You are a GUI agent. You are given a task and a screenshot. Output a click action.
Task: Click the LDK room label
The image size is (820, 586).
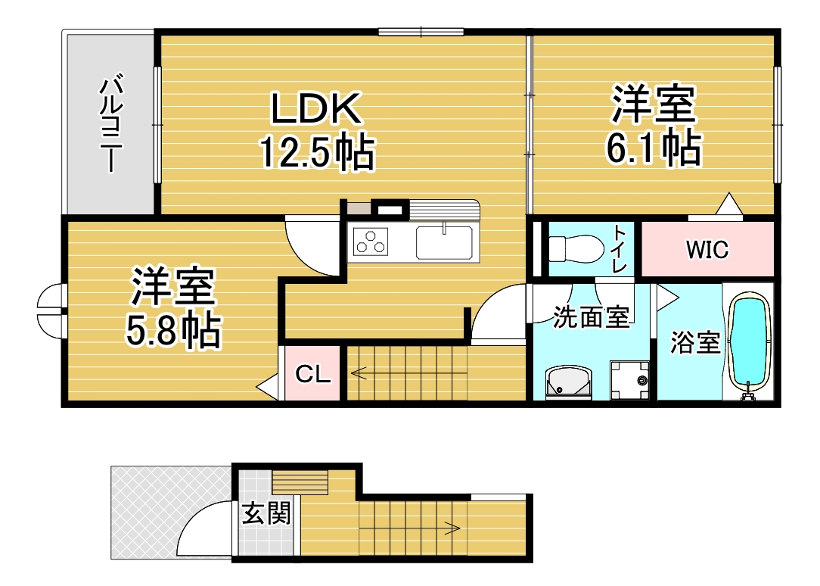point(316,108)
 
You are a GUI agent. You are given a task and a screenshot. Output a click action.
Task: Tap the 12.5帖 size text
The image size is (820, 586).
point(318,152)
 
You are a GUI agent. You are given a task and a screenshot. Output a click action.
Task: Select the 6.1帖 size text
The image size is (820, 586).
point(653,148)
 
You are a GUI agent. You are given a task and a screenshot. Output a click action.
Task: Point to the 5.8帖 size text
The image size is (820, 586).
point(173,331)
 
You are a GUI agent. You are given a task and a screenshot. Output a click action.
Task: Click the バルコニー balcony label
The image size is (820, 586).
point(111,123)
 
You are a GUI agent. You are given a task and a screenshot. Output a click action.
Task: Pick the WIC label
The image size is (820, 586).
point(707,250)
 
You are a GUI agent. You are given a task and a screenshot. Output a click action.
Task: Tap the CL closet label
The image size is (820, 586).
point(312,374)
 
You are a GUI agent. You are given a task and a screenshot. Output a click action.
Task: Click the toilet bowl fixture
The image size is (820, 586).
point(576,248)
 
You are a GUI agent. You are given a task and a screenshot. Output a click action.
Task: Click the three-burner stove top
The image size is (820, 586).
point(371,242)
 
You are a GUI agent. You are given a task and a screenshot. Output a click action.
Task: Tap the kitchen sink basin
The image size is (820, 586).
point(444,242)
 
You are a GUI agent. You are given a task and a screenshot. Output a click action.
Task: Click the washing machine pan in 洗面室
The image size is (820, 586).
point(629,380)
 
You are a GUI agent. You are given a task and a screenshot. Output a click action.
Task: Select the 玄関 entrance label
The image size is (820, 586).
point(266,513)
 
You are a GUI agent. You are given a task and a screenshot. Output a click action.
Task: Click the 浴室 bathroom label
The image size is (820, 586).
point(695,342)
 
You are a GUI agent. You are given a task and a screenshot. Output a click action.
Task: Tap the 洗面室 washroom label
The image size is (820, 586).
point(592,317)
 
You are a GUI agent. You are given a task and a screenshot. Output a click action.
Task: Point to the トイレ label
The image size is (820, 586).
point(620,248)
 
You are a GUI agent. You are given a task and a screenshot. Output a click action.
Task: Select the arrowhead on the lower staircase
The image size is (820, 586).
point(453,528)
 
